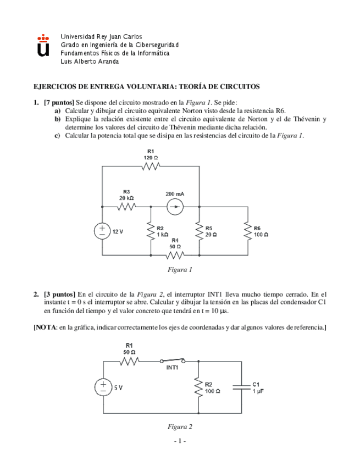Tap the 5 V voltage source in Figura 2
[103, 387]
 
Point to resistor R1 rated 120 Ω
[150, 166]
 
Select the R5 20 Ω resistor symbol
[198, 231]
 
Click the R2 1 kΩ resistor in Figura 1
[151, 231]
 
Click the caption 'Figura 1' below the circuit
[180, 270]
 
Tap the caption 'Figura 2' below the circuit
[180, 426]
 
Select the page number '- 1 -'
[180, 441]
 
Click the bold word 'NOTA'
[47, 328]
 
